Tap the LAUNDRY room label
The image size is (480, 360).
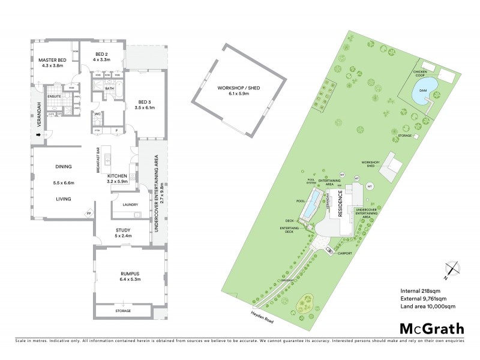(130, 205)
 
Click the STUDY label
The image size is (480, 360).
(122, 230)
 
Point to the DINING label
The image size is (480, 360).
(63, 166)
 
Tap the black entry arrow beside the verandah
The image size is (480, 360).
(40, 134)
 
